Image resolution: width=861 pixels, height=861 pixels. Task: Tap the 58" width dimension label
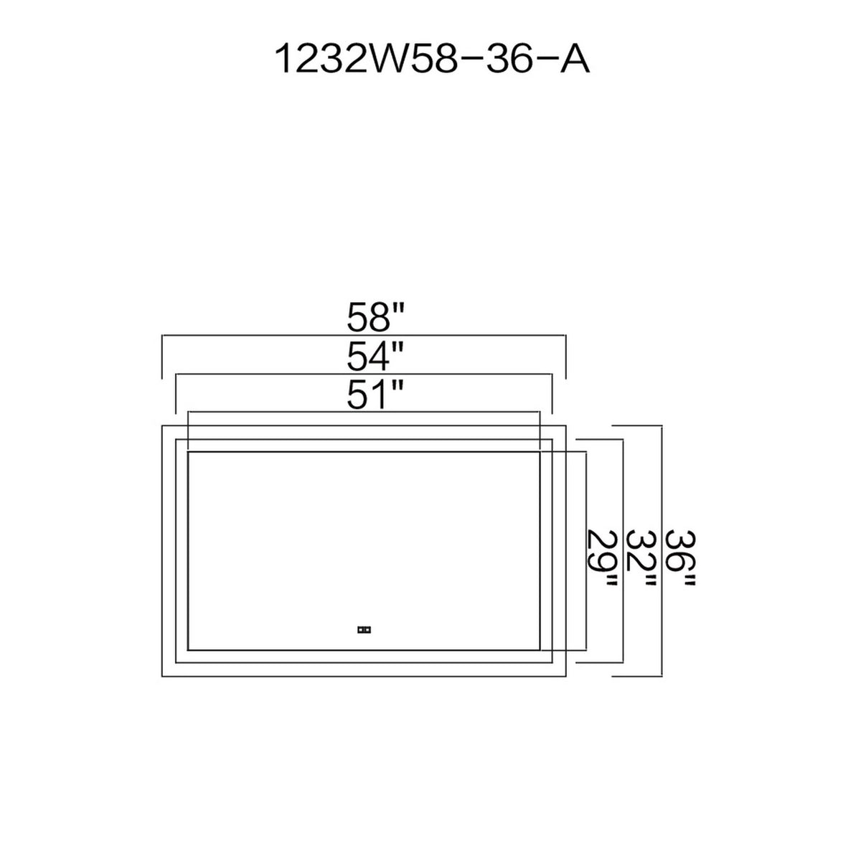[x=375, y=317]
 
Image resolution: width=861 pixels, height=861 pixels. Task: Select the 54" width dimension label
[x=375, y=356]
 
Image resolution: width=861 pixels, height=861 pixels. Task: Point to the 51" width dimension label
[x=375, y=395]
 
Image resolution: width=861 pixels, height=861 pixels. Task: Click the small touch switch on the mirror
[x=364, y=630]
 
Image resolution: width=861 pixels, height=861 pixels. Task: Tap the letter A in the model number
[x=575, y=60]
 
